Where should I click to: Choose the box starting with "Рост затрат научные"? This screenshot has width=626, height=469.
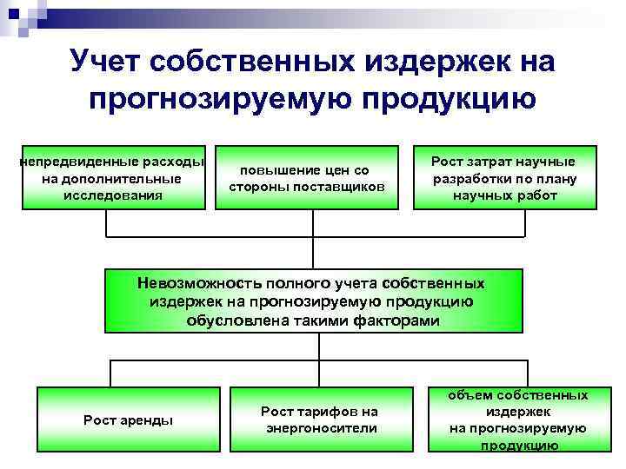(x=504, y=177)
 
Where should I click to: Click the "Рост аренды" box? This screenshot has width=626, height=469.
(x=128, y=419)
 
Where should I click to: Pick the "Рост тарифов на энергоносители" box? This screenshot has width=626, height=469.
(x=321, y=419)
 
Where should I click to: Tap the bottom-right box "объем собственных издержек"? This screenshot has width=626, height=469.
(x=517, y=419)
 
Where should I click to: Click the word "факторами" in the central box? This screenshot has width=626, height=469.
(x=396, y=320)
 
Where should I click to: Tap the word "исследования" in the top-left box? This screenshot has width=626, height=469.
(x=113, y=195)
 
